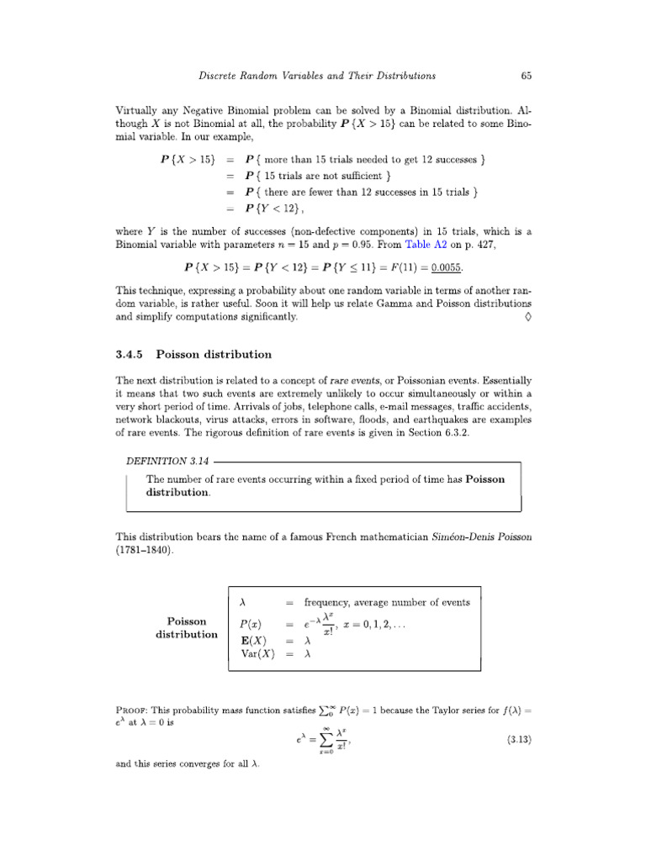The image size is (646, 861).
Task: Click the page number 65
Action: [x=527, y=76]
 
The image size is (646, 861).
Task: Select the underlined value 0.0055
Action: [x=447, y=267]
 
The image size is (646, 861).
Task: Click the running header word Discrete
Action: [x=218, y=76]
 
